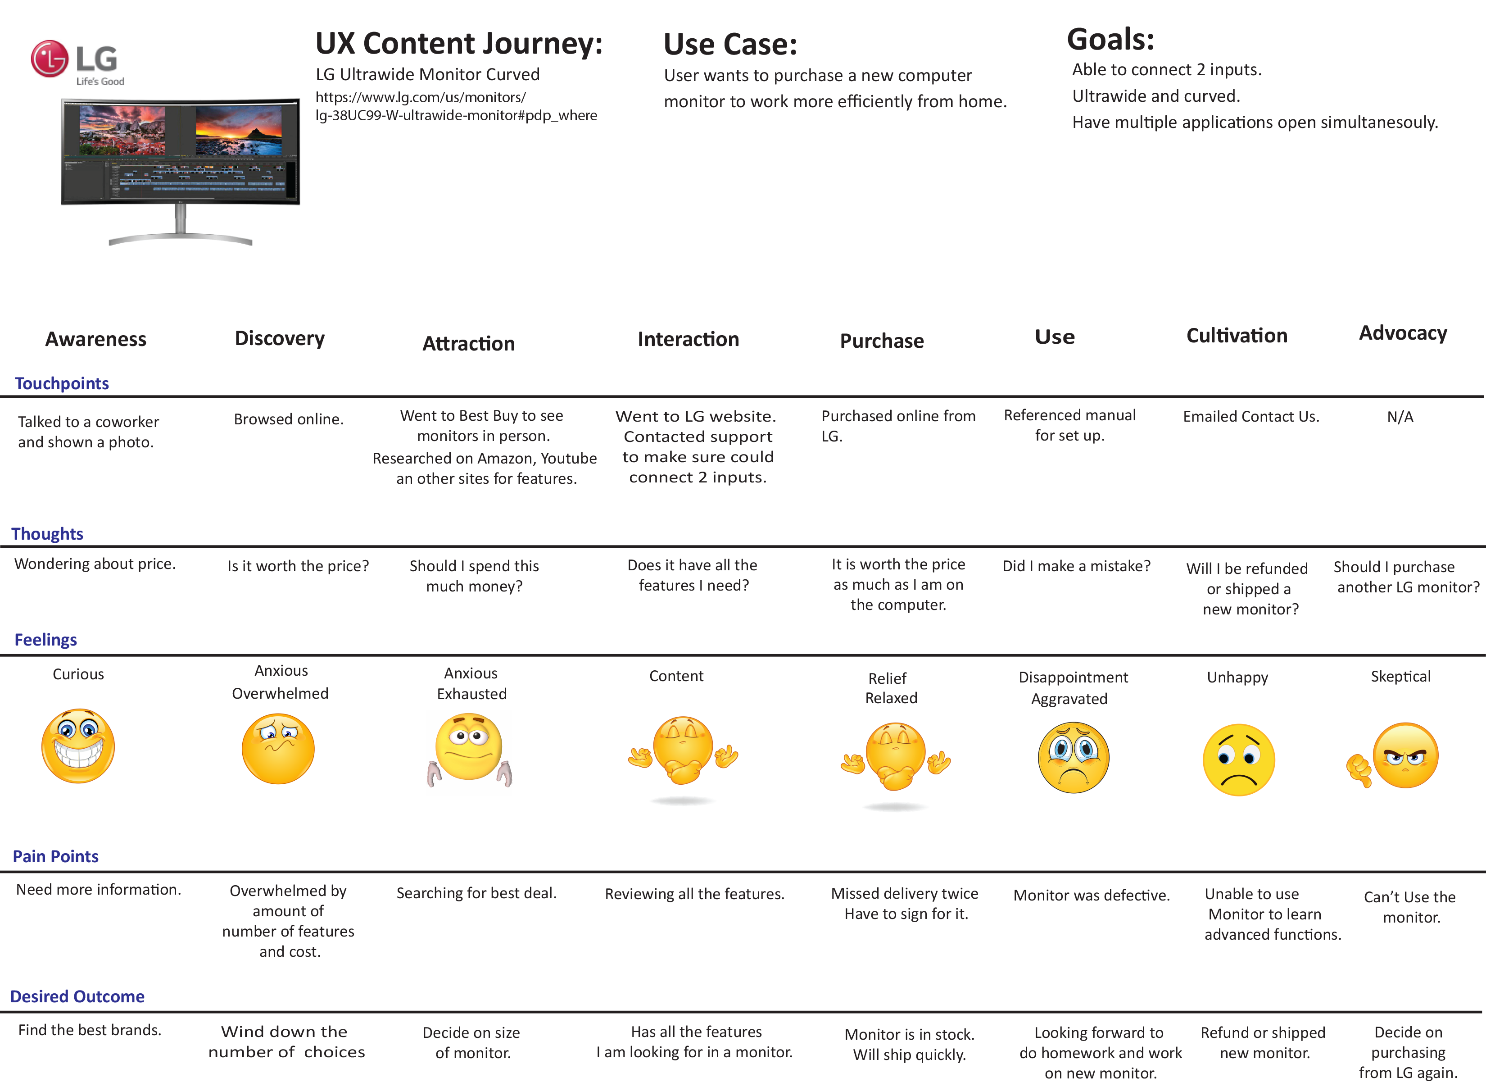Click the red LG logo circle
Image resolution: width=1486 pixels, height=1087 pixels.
click(x=50, y=59)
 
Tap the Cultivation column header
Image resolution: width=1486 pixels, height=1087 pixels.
click(x=1236, y=336)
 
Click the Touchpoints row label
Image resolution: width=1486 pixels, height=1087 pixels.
click(x=62, y=384)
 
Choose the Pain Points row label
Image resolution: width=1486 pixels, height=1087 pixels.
click(x=56, y=856)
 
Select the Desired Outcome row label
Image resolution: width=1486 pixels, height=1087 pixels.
click(x=77, y=996)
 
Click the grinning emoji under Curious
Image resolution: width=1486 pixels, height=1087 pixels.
click(x=78, y=746)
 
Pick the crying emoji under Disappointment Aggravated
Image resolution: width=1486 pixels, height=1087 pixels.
click(x=1073, y=757)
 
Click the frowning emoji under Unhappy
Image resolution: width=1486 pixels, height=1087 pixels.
click(x=1238, y=760)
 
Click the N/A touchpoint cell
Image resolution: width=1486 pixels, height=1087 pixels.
click(x=1400, y=417)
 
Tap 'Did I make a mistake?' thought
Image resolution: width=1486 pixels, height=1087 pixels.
click(x=1076, y=566)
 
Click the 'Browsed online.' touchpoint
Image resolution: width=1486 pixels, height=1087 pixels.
click(x=289, y=419)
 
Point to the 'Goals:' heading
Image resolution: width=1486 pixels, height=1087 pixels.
click(x=1110, y=40)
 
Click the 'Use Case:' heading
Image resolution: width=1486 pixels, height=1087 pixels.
click(x=730, y=45)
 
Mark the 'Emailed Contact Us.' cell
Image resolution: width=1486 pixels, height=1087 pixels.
click(x=1250, y=417)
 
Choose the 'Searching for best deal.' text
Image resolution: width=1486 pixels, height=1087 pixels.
click(x=476, y=893)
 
